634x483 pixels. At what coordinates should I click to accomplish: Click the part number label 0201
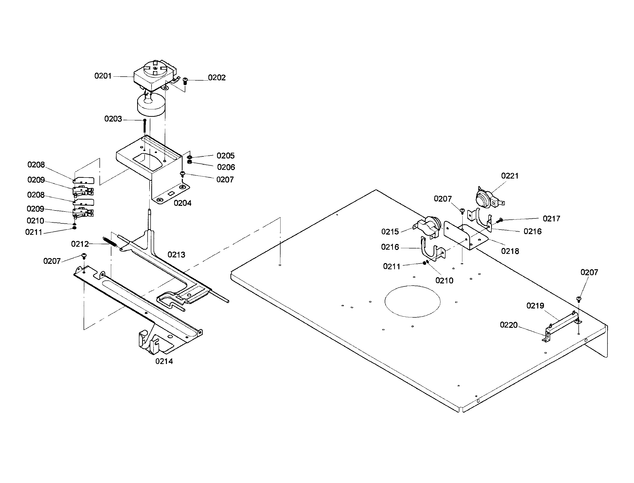click(103, 76)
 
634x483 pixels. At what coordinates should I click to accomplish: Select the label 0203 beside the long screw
click(113, 119)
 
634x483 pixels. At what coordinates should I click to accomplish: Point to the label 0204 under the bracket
click(182, 203)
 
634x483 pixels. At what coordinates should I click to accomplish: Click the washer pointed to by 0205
click(190, 157)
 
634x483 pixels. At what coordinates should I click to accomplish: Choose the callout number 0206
click(226, 167)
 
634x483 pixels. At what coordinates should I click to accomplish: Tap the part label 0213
click(176, 255)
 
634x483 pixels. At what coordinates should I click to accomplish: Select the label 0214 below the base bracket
click(164, 362)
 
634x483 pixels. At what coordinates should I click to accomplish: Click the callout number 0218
click(510, 251)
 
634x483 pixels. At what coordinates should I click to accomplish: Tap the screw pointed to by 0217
click(500, 220)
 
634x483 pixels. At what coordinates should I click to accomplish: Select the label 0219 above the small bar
click(535, 306)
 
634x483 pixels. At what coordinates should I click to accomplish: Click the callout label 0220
click(509, 325)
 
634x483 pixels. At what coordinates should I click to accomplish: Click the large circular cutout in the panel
click(412, 301)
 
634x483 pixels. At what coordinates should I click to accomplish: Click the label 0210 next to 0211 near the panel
click(444, 281)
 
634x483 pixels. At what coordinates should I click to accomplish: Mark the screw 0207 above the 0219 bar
click(579, 299)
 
